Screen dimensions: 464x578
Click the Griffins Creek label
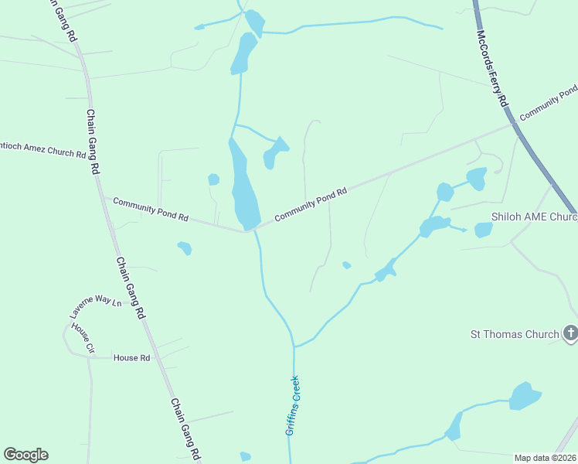click(292, 405)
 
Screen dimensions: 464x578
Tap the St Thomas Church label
click(515, 335)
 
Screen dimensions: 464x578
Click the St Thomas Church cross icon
click(570, 333)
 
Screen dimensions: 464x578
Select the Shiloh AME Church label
click(534, 217)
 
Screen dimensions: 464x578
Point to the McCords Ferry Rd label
click(492, 69)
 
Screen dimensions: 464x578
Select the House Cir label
click(83, 338)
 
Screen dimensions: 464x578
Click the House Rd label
click(131, 358)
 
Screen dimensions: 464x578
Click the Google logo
click(25, 455)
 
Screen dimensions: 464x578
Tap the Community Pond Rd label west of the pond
click(151, 210)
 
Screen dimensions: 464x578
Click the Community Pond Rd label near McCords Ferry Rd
click(548, 104)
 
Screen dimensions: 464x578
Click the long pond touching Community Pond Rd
click(244, 189)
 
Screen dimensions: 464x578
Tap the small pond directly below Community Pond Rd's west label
click(185, 248)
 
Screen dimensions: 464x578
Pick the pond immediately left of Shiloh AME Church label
click(483, 230)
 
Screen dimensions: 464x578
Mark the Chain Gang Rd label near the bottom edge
click(185, 429)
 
